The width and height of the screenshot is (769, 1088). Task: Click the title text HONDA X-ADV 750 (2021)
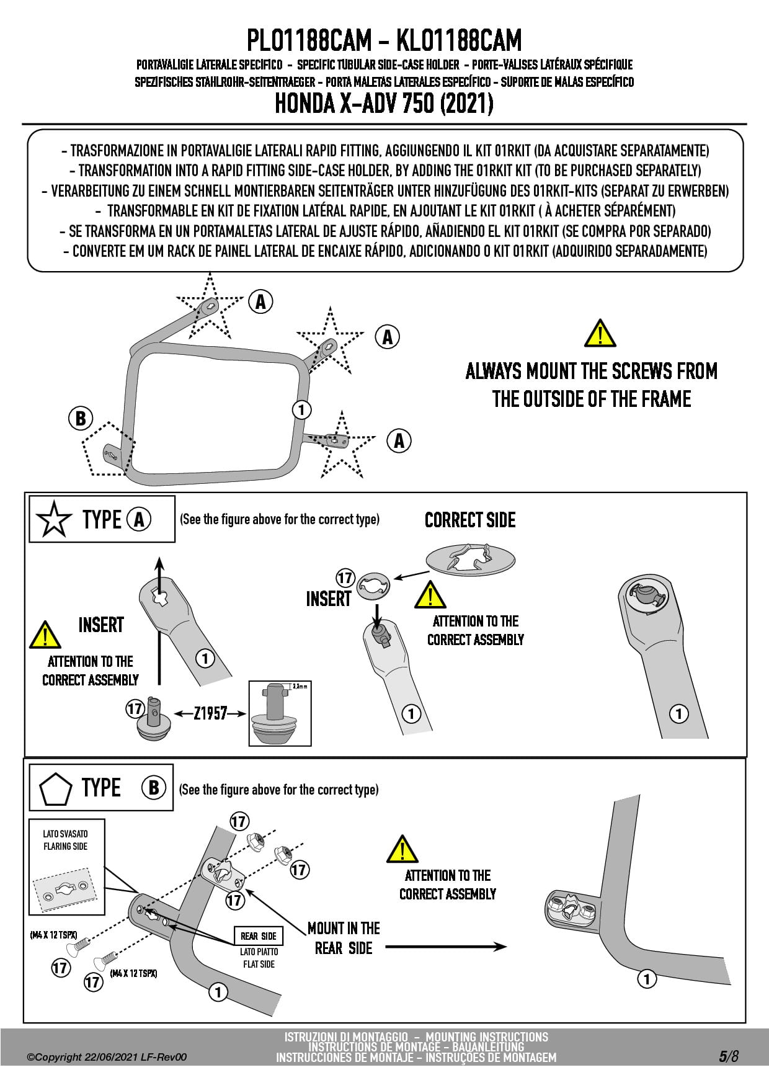[x=384, y=104]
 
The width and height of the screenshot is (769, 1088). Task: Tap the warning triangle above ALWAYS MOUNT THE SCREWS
[x=600, y=334]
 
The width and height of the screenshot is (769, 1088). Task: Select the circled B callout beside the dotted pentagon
[x=81, y=418]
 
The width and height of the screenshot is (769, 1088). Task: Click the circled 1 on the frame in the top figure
[x=301, y=409]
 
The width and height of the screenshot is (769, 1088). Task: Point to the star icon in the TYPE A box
[x=55, y=519]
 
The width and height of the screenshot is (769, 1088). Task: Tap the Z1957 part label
[x=210, y=713]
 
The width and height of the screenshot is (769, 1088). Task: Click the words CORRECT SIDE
[x=470, y=520]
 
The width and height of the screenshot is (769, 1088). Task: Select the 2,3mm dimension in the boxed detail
[x=300, y=687]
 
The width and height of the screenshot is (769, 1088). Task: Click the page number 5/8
[x=729, y=1056]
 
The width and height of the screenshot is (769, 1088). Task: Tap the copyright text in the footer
[x=107, y=1057]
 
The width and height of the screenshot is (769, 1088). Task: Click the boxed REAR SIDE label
[x=259, y=936]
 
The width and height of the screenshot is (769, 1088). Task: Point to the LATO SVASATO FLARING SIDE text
[x=65, y=840]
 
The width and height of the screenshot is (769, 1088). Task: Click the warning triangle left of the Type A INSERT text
[x=45, y=635]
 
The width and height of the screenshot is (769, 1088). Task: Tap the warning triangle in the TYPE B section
[x=402, y=849]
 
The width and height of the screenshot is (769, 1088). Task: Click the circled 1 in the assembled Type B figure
[x=647, y=979]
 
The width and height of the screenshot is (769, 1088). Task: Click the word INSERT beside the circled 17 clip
[x=328, y=599]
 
